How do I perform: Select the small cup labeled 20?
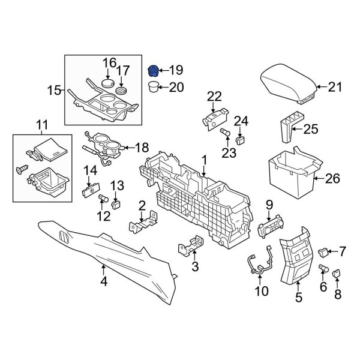click(x=155, y=88)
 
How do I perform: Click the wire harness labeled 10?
click(x=259, y=263)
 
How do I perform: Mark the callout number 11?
click(x=41, y=125)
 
